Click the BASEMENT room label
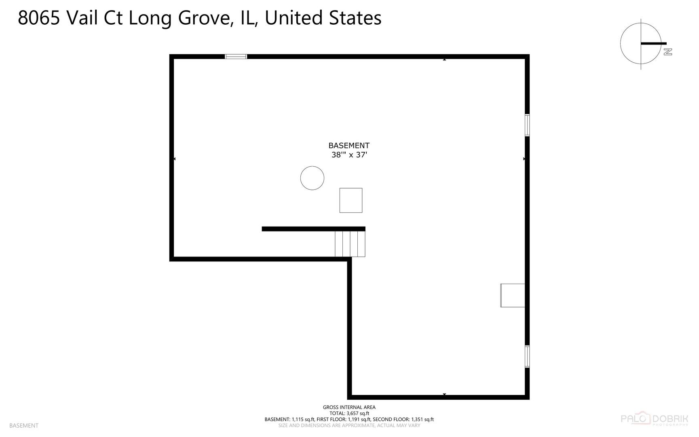point(348,145)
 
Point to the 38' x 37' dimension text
point(349,155)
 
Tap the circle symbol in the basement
point(312,178)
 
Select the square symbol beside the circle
point(351,200)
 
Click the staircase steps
point(350,244)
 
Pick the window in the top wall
point(236,57)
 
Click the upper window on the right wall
point(527,125)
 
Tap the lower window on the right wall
point(527,356)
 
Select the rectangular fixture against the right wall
point(513,295)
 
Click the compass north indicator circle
point(640,44)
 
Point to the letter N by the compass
point(667,52)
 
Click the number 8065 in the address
point(39,18)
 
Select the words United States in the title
point(323,18)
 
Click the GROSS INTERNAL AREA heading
point(349,407)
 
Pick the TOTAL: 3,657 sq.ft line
point(349,414)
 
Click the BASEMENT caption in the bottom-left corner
point(24,426)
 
